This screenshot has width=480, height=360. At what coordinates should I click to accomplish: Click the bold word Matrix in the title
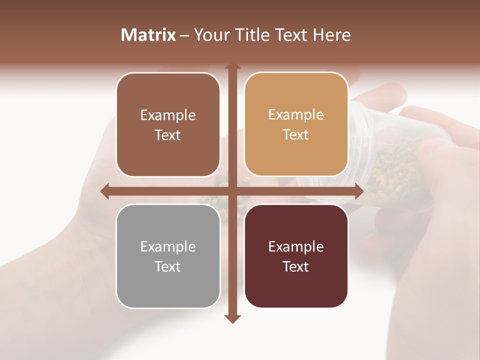tap(148, 35)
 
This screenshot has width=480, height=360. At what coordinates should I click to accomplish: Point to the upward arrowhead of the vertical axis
tap(232, 66)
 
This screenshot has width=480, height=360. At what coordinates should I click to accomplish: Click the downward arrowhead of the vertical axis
tap(232, 318)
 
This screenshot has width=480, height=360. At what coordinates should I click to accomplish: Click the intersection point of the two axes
tap(232, 191)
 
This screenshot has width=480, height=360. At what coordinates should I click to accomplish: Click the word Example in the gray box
tap(168, 246)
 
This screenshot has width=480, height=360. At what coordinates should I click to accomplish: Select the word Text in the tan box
tap(296, 135)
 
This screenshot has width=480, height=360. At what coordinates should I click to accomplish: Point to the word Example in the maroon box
tap(296, 246)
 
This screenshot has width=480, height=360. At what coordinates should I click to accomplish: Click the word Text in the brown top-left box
tap(168, 135)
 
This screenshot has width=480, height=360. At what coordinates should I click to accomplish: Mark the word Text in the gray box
tap(168, 266)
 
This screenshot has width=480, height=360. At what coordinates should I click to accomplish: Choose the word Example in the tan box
tap(296, 115)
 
